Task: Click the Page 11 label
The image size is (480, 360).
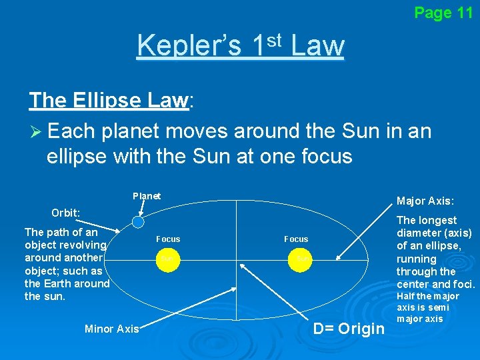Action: [443, 13]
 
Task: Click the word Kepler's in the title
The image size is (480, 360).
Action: [189, 46]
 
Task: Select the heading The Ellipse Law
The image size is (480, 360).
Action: [109, 101]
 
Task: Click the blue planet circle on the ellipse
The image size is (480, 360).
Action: [137, 222]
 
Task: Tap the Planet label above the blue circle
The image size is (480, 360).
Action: [147, 196]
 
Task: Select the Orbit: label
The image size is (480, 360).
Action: [66, 213]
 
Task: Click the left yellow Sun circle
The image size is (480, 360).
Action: [167, 257]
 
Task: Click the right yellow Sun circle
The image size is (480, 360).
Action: [301, 257]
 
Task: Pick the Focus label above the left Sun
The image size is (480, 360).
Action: [168, 239]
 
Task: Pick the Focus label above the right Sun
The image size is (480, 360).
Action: [296, 239]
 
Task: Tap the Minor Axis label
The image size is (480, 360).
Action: [112, 328]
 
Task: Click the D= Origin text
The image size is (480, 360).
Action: [349, 329]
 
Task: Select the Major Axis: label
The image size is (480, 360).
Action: [425, 201]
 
